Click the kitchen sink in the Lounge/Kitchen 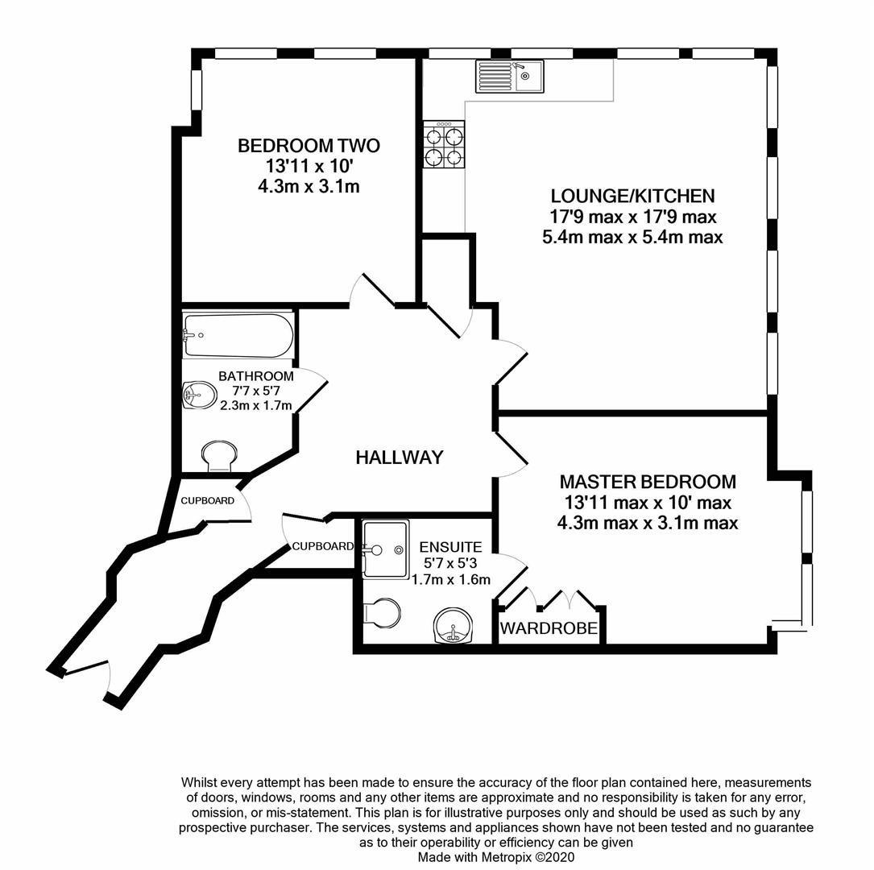[x=509, y=77]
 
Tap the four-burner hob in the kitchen [x=444, y=145]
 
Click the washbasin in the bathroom [x=198, y=396]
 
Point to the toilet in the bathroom [x=218, y=456]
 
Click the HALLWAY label [x=400, y=458]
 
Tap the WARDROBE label [x=550, y=628]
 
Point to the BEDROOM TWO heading [x=309, y=146]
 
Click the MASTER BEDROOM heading [x=648, y=482]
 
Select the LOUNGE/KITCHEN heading [x=632, y=196]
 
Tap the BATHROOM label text [x=256, y=376]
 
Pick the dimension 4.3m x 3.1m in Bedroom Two [x=309, y=186]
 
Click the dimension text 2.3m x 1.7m [x=256, y=405]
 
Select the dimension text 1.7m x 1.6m [x=451, y=579]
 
